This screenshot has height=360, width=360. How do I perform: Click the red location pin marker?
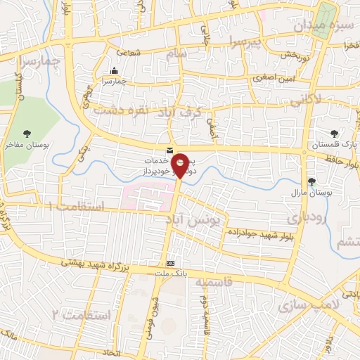(x=181, y=165)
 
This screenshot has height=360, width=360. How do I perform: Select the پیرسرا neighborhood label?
(x=245, y=43)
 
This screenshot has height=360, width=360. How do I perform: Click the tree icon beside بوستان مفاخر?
(x=27, y=133)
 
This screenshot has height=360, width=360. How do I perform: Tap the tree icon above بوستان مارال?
(x=311, y=181)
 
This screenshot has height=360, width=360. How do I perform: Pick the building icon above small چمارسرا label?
(x=115, y=70)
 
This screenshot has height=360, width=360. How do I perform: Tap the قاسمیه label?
(x=209, y=282)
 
